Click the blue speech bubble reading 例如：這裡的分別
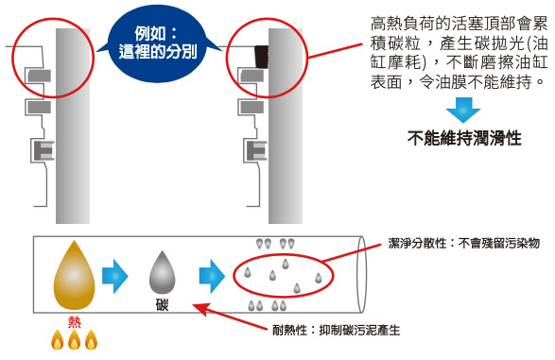157,43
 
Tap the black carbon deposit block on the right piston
262,57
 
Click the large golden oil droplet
74,275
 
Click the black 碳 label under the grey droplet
162,304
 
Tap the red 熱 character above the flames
75,322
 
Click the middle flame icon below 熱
74,340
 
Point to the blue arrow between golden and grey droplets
114,276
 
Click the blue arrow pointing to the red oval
212,276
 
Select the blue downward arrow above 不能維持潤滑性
463,110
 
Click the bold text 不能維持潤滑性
464,138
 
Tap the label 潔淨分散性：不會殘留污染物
463,243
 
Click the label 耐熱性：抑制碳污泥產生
337,331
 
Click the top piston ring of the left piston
40,76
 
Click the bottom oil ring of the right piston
256,151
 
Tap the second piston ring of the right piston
251,107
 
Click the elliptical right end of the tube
361,275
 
